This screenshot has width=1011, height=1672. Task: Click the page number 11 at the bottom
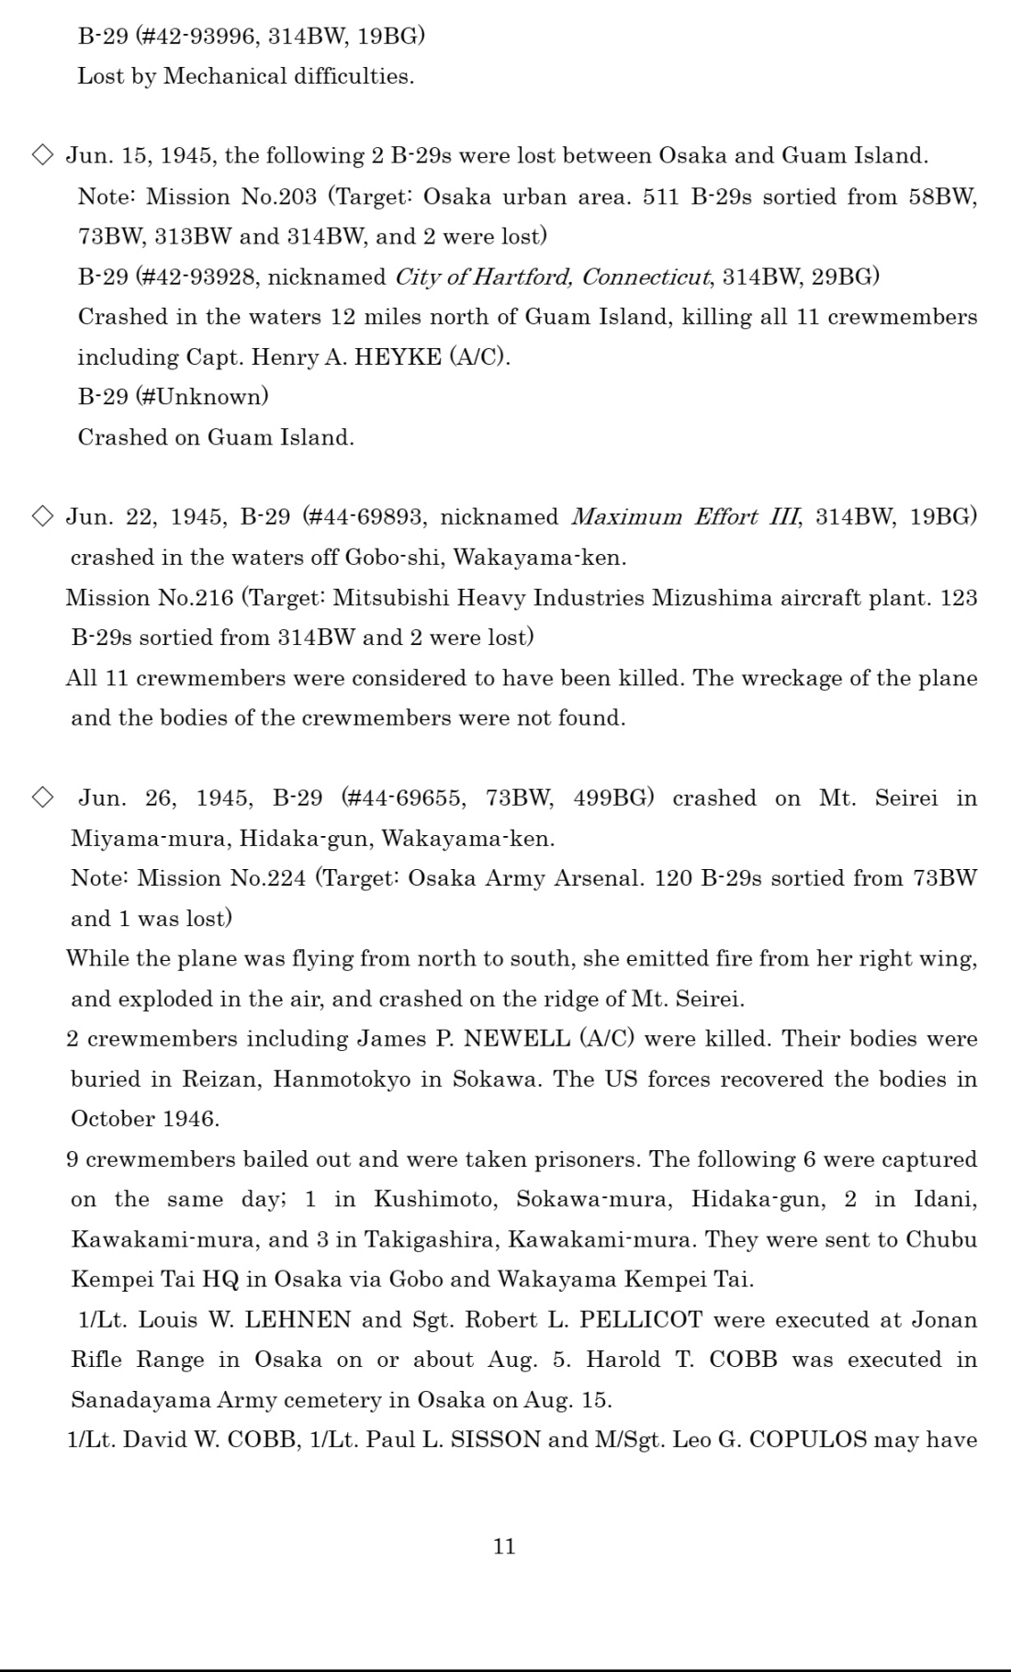click(504, 1547)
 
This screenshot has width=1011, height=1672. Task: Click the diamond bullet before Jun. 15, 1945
click(43, 155)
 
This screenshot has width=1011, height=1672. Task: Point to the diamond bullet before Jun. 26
click(43, 797)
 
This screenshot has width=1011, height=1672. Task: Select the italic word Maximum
click(626, 516)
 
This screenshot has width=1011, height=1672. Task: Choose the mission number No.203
click(278, 197)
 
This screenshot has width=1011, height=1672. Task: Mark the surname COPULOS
click(808, 1440)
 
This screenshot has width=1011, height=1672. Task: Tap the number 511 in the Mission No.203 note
click(662, 197)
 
